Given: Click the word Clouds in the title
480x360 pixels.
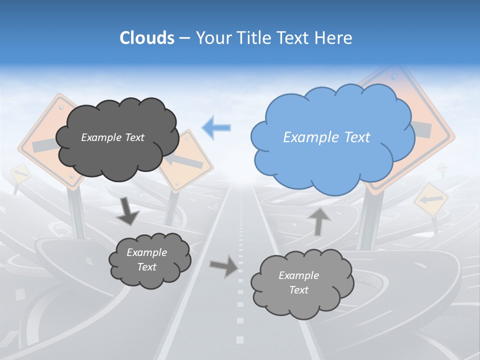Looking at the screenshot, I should (x=147, y=38).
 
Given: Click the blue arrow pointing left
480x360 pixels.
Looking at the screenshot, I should (x=216, y=127).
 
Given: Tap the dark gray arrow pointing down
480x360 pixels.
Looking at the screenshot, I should (x=127, y=210).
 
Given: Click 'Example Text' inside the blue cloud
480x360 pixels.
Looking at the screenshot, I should (x=326, y=137).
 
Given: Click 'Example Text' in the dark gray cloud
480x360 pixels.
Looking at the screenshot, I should (x=112, y=137).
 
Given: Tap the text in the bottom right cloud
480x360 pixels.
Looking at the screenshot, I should (x=298, y=282).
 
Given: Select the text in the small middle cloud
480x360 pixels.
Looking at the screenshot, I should (x=146, y=259).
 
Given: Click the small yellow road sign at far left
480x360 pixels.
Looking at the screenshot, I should (x=20, y=174).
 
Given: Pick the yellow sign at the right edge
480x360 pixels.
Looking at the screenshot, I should (x=431, y=199).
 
